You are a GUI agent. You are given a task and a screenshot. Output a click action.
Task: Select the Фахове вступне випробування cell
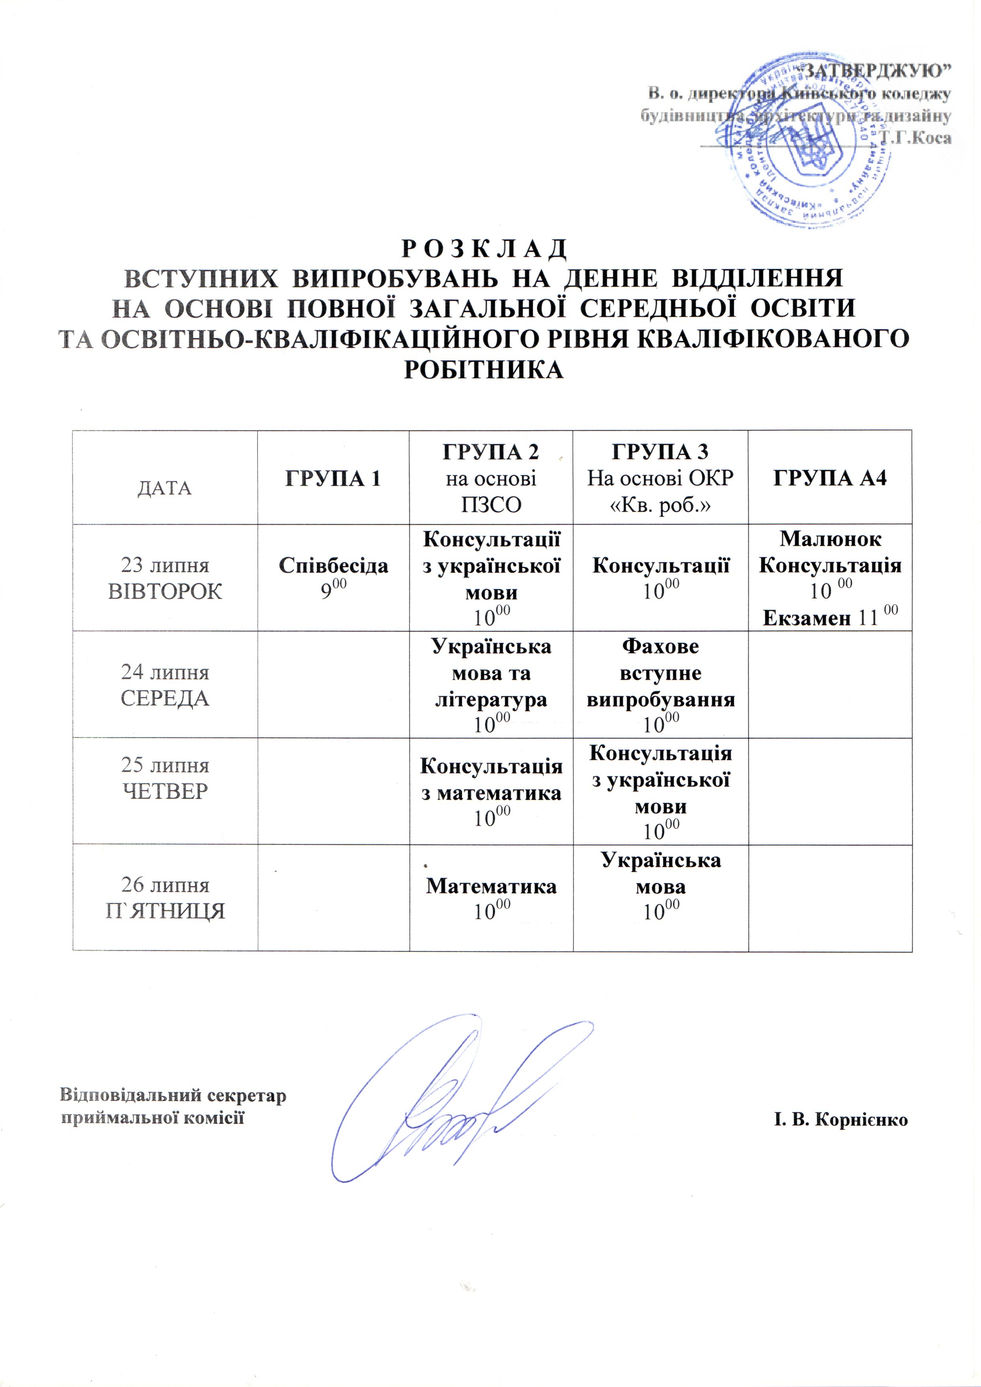click(x=660, y=685)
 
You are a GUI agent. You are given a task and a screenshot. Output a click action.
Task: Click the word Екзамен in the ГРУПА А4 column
click(x=807, y=618)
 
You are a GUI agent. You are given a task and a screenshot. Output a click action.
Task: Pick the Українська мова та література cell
click(x=490, y=685)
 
